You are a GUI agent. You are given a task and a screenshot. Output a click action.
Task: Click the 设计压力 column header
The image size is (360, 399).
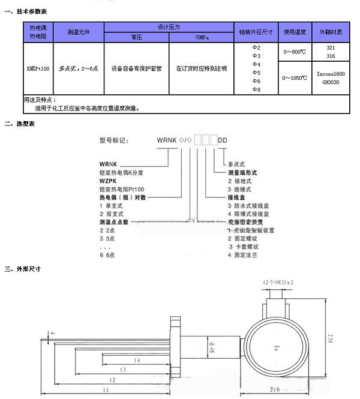(x=169, y=27)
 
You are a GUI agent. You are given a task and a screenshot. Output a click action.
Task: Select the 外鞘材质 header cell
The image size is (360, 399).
(x=331, y=32)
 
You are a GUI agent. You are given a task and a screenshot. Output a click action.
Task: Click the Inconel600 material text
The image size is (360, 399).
(x=331, y=74)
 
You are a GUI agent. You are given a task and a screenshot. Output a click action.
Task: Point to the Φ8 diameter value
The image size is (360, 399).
(x=256, y=89)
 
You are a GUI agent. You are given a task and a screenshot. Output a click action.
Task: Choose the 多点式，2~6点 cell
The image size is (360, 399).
(x=79, y=68)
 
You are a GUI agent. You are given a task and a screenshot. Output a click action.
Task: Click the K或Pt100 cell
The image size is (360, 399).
(x=38, y=68)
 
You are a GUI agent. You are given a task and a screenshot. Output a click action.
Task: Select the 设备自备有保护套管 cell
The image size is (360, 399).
(x=136, y=68)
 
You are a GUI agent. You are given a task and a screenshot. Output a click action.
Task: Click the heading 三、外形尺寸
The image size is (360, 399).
(x=22, y=269)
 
